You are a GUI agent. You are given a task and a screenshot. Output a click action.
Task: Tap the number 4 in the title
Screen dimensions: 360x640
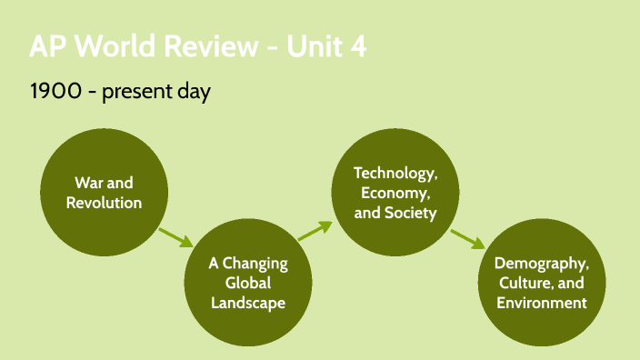[x=357, y=46]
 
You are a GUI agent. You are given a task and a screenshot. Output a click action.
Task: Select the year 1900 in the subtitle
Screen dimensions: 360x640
[x=52, y=92]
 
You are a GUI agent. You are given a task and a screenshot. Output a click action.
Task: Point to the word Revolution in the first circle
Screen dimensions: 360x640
[x=104, y=202]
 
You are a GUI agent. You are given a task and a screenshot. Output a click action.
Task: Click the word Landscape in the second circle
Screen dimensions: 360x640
[x=248, y=303]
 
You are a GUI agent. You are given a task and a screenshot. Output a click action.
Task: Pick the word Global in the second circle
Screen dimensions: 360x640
[x=248, y=284]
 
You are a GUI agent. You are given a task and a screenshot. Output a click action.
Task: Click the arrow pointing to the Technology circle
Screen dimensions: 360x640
[x=314, y=230]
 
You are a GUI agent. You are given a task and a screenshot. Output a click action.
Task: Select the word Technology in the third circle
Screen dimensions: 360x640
[x=395, y=173]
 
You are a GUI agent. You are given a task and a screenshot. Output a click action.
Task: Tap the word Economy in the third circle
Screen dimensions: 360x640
[x=395, y=193]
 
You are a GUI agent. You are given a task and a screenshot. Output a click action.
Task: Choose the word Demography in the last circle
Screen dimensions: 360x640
[x=541, y=264]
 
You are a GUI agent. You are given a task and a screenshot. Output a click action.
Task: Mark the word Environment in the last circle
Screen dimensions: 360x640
[x=541, y=303]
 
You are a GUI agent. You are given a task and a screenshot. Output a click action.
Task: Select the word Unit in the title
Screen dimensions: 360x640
[x=309, y=46]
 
